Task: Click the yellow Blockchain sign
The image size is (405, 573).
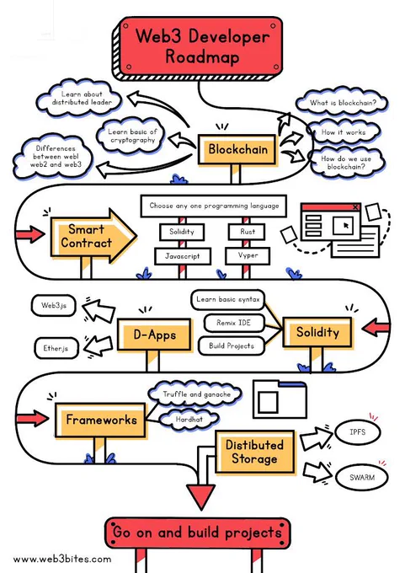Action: (237, 149)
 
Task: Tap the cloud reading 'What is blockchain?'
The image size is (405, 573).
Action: (342, 103)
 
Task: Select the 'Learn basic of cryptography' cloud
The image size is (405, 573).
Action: (132, 136)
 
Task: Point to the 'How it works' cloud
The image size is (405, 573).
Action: (344, 132)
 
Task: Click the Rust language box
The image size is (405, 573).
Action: (247, 232)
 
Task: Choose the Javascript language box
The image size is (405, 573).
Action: (183, 256)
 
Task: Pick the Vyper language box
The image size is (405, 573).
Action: (248, 255)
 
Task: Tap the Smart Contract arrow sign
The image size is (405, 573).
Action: (93, 236)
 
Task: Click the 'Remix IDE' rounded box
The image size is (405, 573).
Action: (234, 323)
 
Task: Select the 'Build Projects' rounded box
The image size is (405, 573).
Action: (232, 345)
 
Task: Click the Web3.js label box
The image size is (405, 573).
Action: (53, 306)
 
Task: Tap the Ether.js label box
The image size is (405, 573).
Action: (56, 348)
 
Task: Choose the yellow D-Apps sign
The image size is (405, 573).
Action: (154, 335)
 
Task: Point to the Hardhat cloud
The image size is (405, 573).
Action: (189, 419)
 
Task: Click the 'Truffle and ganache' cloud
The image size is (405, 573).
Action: (195, 394)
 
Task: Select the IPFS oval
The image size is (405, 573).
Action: (357, 432)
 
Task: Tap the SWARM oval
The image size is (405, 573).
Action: (361, 477)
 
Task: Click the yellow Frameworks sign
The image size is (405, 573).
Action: (100, 420)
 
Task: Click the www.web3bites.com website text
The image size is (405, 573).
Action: (62, 560)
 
